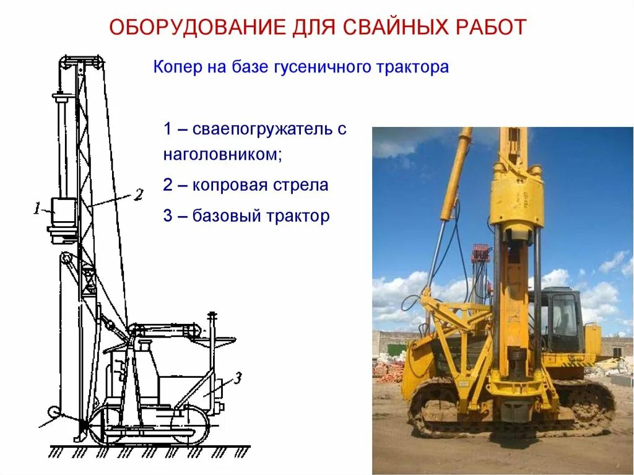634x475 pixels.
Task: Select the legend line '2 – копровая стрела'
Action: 246,185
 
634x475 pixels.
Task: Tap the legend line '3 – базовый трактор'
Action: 246,216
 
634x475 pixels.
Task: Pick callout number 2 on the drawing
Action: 138,194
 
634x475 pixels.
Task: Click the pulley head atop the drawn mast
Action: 80,61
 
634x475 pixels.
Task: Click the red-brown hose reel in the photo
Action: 480,253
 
